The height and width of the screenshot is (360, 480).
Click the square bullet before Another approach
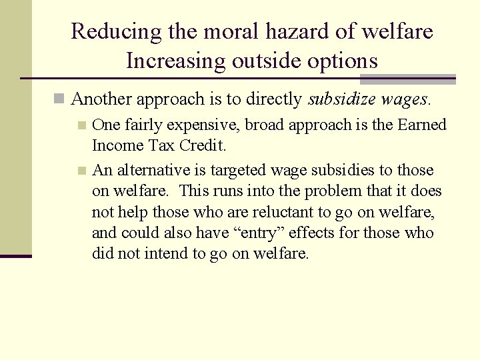point(60,99)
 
